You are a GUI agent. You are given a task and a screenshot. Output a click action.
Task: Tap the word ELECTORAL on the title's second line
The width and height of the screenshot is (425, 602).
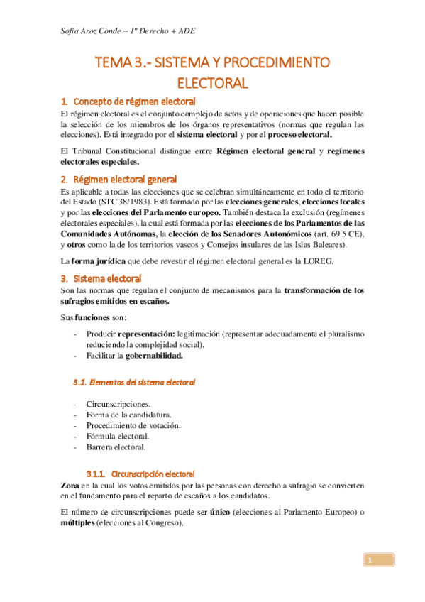(x=212, y=83)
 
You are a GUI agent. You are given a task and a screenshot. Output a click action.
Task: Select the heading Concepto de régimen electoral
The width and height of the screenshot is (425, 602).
(x=134, y=101)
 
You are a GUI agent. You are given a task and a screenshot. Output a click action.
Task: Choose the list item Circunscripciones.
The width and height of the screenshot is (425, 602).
(x=118, y=404)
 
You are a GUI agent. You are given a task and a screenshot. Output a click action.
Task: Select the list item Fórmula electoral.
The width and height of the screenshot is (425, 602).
(x=118, y=436)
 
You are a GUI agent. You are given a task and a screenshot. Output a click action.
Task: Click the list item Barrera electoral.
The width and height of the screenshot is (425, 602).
(x=116, y=447)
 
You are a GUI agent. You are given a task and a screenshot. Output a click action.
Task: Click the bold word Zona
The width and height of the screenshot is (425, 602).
(x=72, y=484)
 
